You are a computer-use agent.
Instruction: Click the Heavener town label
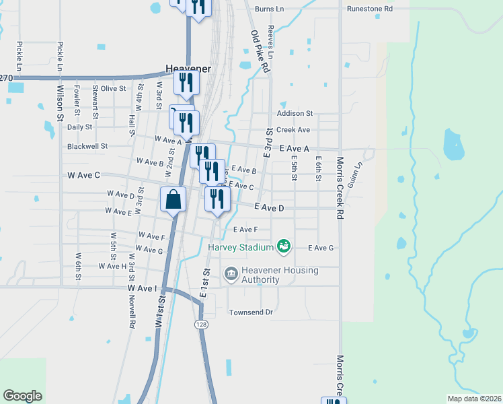(x=188, y=69)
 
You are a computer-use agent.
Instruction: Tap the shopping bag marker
(x=173, y=199)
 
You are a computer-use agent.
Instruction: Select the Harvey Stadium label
(x=241, y=247)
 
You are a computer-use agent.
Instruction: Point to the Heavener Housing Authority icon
(x=231, y=273)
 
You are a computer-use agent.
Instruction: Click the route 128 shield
(x=201, y=325)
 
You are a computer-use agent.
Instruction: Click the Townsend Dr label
(x=251, y=312)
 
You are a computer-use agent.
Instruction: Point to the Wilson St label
(x=60, y=102)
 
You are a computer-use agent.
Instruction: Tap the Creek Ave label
(x=293, y=129)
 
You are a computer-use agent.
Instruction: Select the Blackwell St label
(x=87, y=146)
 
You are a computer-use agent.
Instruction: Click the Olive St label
(x=114, y=88)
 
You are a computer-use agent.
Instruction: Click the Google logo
(x=23, y=395)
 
